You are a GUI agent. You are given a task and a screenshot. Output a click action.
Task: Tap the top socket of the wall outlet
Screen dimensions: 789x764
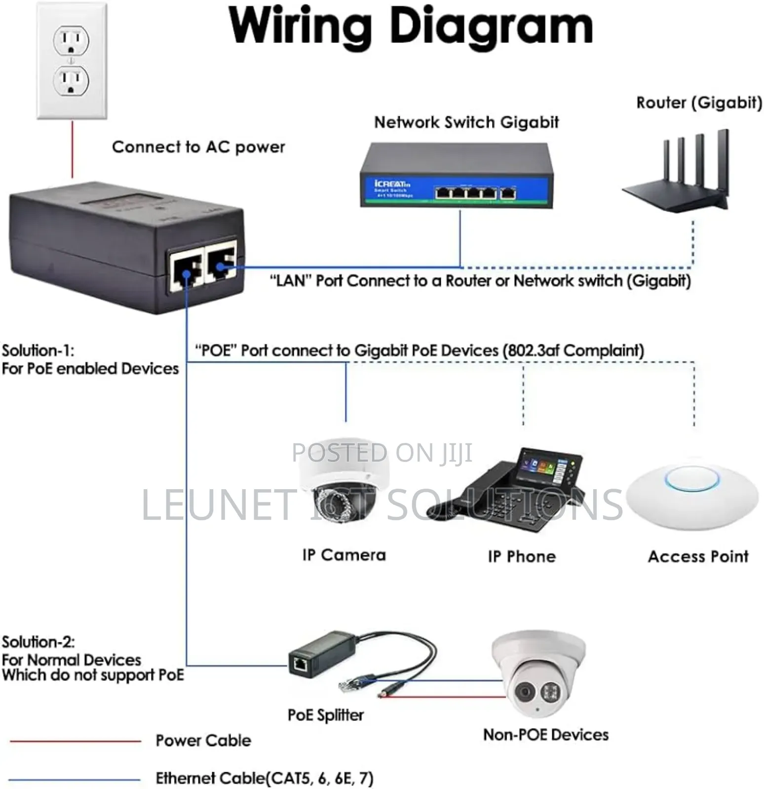71,40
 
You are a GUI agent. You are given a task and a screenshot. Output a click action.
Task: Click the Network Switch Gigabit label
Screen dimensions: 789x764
466,122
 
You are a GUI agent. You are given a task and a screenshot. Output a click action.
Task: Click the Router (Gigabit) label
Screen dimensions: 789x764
699,103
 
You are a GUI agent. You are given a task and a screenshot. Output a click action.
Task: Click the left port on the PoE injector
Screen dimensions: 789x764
186,269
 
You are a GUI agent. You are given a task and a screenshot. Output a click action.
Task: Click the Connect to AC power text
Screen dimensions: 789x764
198,147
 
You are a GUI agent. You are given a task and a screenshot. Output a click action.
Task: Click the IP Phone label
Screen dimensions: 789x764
522,557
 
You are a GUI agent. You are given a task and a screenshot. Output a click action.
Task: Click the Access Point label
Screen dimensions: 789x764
698,557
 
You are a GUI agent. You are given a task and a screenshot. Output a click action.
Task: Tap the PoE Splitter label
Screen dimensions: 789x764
325,715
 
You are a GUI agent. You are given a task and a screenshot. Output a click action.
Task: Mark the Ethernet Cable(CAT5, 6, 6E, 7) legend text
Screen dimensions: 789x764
265,778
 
